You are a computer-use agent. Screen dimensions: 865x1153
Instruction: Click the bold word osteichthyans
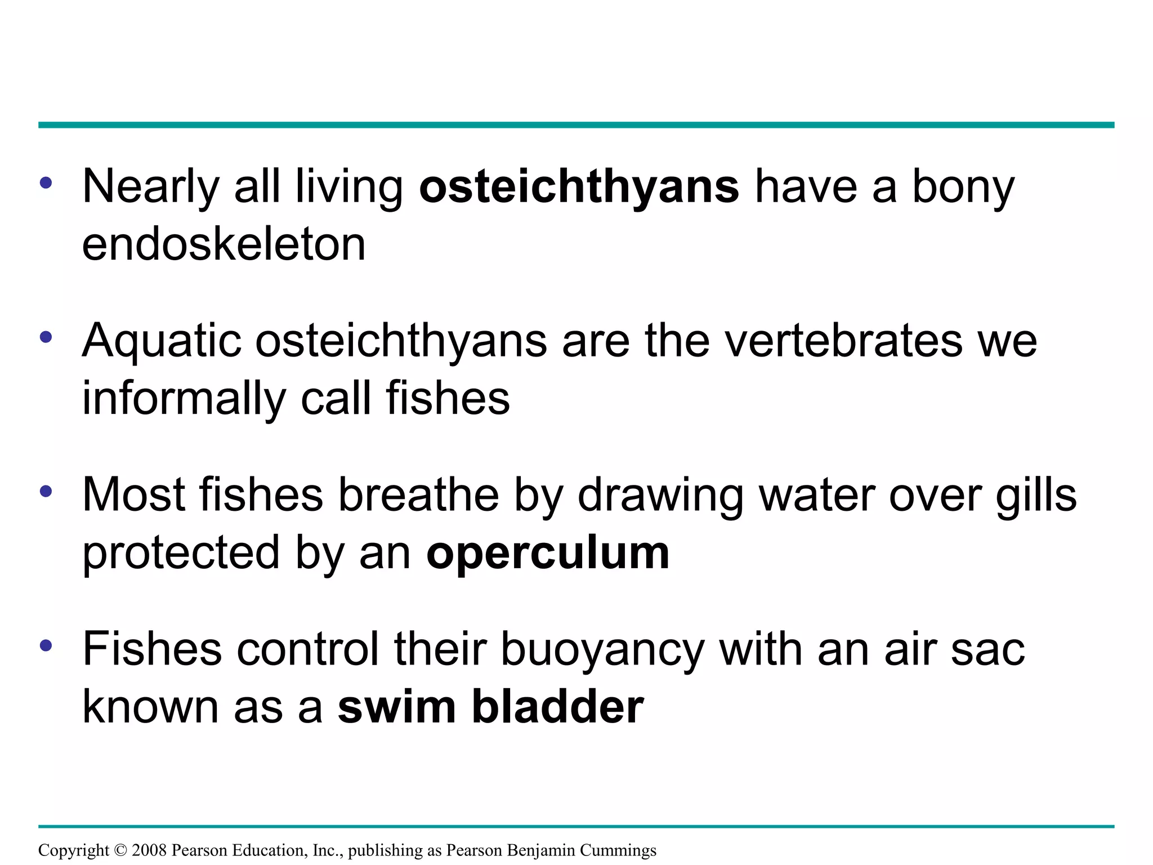579,187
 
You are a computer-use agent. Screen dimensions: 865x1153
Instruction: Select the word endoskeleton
224,245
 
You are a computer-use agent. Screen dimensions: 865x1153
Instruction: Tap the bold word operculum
548,553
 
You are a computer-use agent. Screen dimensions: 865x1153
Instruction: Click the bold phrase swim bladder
490,707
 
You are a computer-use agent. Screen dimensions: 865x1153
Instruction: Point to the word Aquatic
162,342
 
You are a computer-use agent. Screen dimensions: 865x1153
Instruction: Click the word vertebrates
843,341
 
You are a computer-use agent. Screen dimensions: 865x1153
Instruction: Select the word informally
184,399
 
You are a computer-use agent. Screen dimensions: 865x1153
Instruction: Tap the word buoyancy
602,650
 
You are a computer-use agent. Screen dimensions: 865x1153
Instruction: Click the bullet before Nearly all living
46,182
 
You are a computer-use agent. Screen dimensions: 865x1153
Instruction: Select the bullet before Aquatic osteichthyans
46,337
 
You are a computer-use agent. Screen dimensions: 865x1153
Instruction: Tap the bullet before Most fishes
46,491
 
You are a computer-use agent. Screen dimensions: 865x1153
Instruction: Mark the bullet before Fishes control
46,645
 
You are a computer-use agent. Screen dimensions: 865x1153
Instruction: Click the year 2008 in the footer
149,850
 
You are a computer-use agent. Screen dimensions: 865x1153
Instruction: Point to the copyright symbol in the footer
121,850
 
